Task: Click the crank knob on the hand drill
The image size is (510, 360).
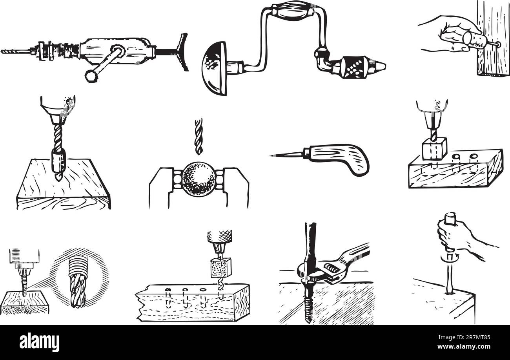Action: pyautogui.click(x=91, y=76)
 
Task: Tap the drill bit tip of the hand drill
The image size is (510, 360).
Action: pyautogui.click(x=3, y=51)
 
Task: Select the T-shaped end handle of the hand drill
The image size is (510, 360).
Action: pyautogui.click(x=183, y=52)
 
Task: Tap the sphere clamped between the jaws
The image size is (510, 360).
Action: pyautogui.click(x=199, y=179)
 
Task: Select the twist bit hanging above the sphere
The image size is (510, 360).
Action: pyautogui.click(x=199, y=136)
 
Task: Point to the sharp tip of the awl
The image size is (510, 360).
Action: pyautogui.click(x=271, y=156)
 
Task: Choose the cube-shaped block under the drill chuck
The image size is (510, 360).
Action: pyautogui.click(x=434, y=148)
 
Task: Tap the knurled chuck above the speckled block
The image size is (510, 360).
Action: pyautogui.click(x=219, y=237)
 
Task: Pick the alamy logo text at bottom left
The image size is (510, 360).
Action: pyautogui.click(x=39, y=342)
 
